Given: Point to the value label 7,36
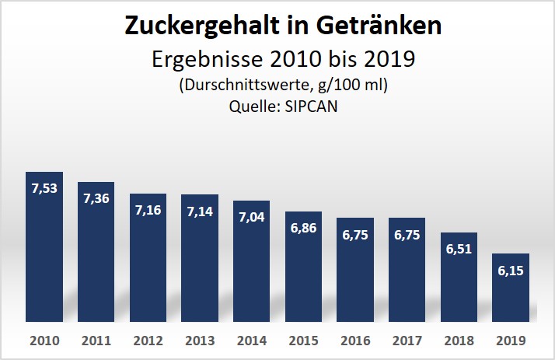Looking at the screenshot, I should click(x=96, y=198).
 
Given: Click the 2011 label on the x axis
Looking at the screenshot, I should click(x=96, y=340).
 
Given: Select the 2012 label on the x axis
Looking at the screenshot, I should click(x=148, y=340).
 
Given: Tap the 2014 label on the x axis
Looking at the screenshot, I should click(x=251, y=340).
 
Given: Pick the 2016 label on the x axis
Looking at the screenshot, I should click(x=355, y=340).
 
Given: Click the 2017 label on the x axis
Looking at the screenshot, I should click(x=407, y=340).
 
